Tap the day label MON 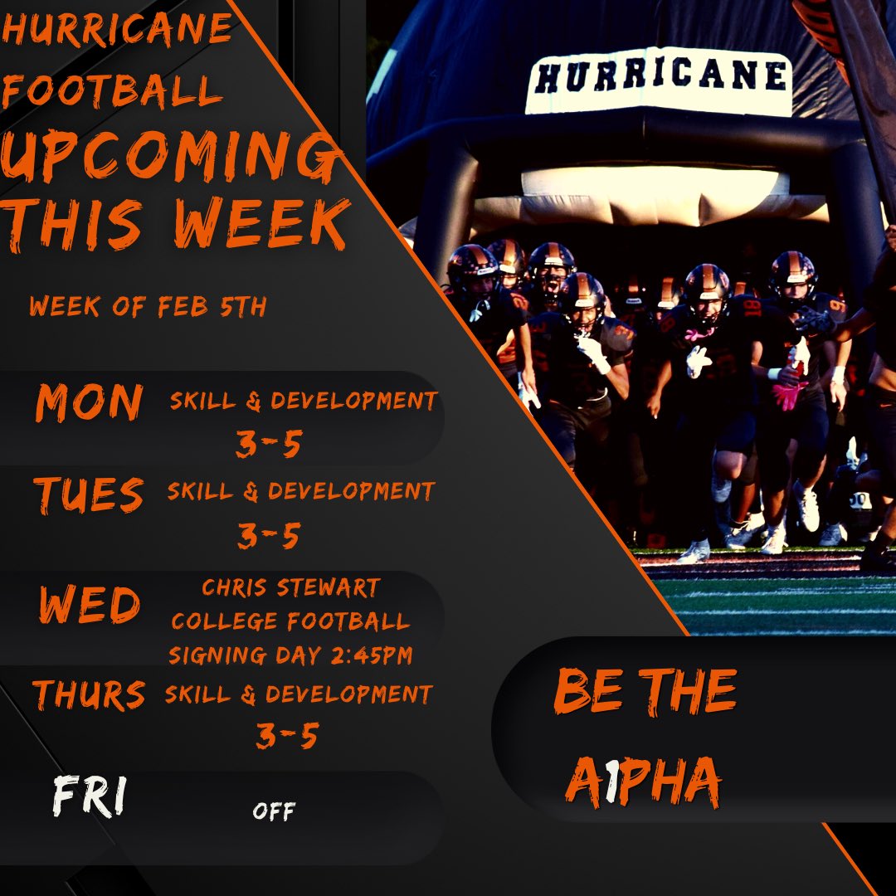pos(89,404)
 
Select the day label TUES pos(89,494)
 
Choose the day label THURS pos(89,695)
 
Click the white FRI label pos(88,798)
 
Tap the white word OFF pos(274,811)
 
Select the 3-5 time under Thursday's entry pos(286,736)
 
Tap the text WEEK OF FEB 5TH pos(148,307)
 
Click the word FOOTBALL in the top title pos(112,91)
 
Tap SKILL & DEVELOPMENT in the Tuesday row pos(300,491)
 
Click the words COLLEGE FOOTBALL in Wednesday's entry pos(290,622)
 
